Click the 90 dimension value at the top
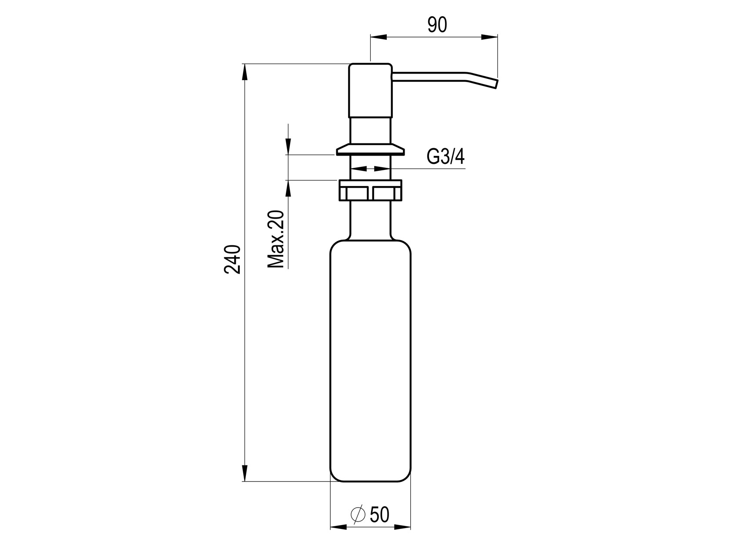pos(437,25)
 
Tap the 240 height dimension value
pos(232,260)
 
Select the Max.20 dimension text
pos(276,239)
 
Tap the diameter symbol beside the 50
pos(358,515)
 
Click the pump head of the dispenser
pos(370,90)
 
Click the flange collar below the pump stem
pos(370,149)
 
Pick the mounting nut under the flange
pos(370,190)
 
